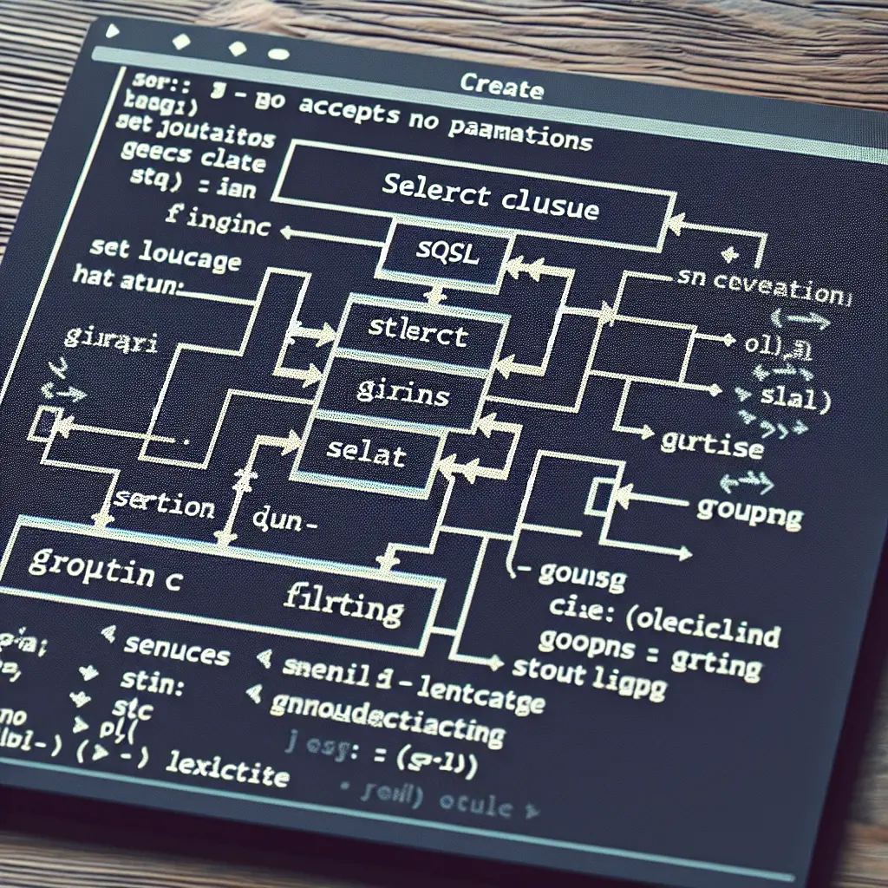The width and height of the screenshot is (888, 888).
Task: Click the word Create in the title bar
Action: pos(501,87)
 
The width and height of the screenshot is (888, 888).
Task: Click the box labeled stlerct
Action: pos(418,334)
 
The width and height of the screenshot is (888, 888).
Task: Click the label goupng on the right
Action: pos(750,513)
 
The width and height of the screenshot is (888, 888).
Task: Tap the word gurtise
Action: pos(712,445)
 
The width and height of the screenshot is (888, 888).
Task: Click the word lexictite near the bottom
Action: pos(227,768)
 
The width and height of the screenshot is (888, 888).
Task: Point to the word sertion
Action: pos(165,505)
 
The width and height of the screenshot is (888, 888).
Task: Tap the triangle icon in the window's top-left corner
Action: pos(112,32)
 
